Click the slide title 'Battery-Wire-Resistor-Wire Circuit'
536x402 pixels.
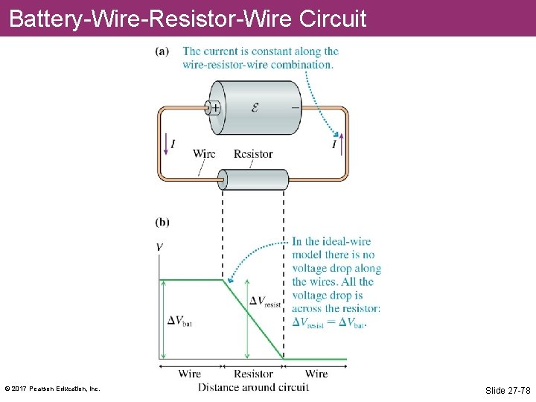point(188,18)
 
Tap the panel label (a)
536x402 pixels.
point(162,51)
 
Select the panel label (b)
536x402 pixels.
point(162,222)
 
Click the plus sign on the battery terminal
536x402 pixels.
point(214,107)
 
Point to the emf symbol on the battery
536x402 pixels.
point(255,107)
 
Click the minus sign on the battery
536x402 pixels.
point(296,106)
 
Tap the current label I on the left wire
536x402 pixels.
point(173,144)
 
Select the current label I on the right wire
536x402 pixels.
point(334,144)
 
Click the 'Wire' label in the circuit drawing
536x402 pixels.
point(204,154)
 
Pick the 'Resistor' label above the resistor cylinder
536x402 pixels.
point(253,154)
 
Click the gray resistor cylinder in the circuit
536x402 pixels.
point(253,179)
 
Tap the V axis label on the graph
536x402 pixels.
point(160,247)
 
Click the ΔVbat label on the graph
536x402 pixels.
point(179,321)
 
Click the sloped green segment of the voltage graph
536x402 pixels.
point(253,319)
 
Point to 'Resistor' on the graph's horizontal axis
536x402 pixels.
point(253,374)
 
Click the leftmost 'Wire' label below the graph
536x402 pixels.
point(190,374)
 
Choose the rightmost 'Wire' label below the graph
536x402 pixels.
point(316,374)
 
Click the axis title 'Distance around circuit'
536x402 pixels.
point(253,387)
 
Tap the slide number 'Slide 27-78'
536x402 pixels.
point(508,391)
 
